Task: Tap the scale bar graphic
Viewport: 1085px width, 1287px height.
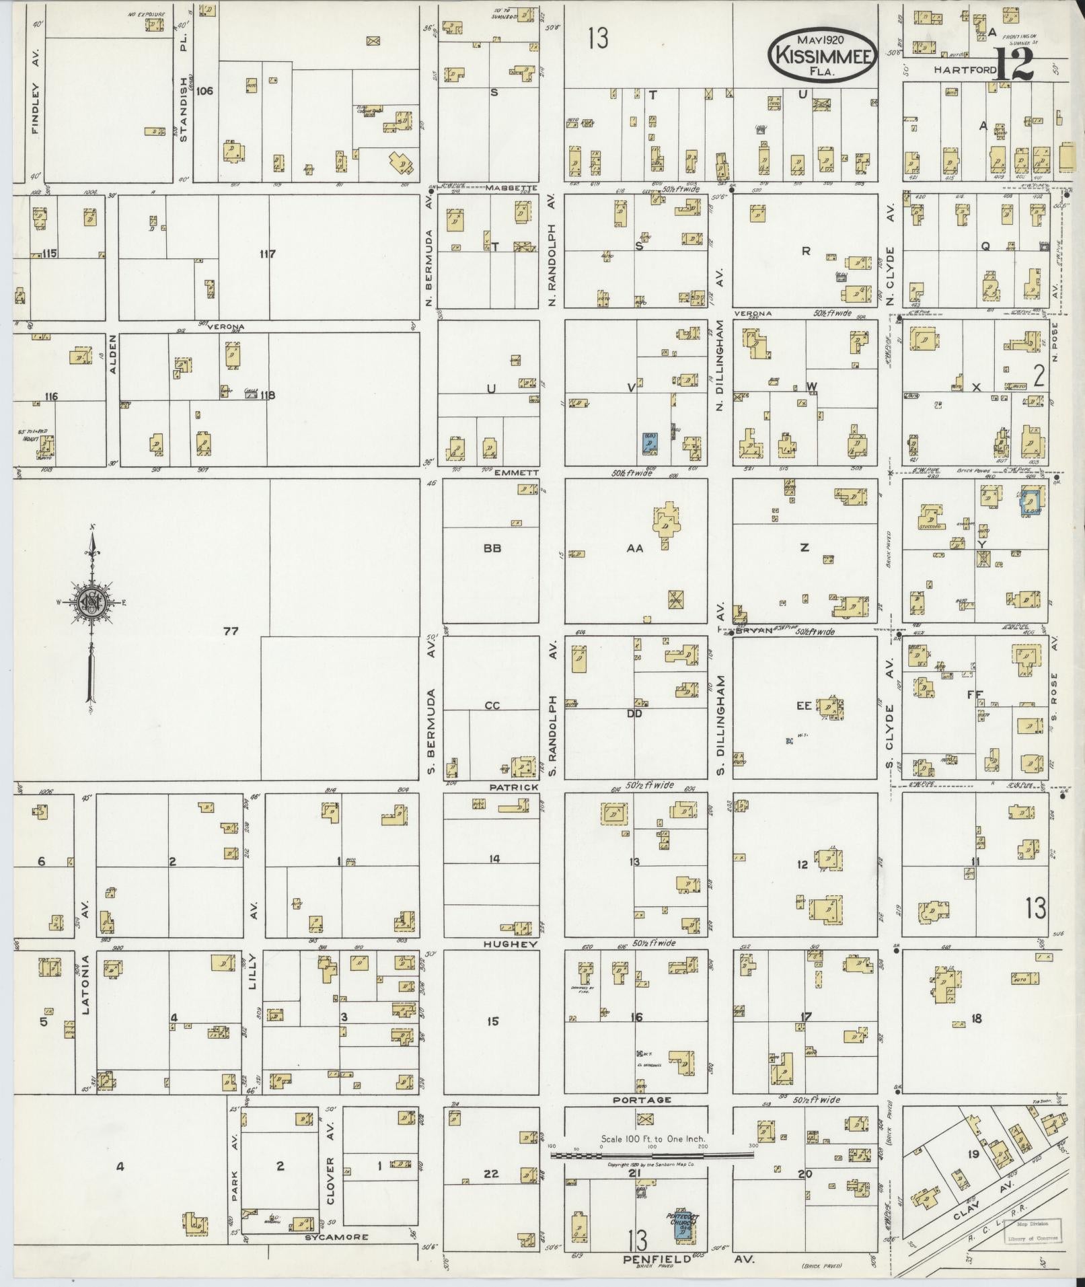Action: tap(651, 1154)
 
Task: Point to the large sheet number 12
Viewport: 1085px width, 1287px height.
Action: tap(1015, 65)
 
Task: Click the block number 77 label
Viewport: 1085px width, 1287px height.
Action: tap(231, 631)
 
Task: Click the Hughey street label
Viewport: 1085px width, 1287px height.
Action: tap(512, 945)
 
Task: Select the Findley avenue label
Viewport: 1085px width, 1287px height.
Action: tap(36, 99)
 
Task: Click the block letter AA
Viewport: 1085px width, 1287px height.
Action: tap(635, 548)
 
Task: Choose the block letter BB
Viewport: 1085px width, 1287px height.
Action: tap(492, 548)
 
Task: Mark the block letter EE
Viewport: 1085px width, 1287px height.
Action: tap(804, 706)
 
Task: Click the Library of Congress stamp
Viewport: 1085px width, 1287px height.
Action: tap(1031, 1230)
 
